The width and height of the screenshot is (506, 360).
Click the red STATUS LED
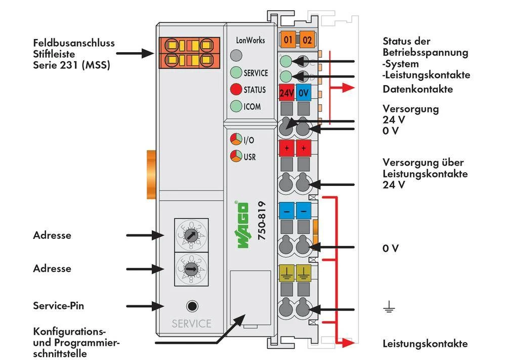(x=236, y=90)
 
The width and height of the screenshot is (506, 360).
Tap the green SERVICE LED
(x=236, y=73)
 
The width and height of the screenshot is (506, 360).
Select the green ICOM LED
(x=236, y=106)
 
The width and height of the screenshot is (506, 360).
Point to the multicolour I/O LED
(x=236, y=140)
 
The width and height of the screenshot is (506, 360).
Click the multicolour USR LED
(x=236, y=156)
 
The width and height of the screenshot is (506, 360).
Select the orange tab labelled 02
(x=306, y=39)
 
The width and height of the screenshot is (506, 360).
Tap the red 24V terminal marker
(x=286, y=93)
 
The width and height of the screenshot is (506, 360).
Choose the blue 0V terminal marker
(x=303, y=93)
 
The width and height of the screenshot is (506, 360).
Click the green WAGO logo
(x=243, y=225)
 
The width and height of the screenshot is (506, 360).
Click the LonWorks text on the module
(x=250, y=40)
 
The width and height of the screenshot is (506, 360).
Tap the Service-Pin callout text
(x=59, y=306)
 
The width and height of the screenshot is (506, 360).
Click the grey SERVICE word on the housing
(x=191, y=324)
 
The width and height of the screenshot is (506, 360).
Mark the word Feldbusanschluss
(x=74, y=43)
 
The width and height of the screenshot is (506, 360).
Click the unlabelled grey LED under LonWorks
(x=236, y=56)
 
